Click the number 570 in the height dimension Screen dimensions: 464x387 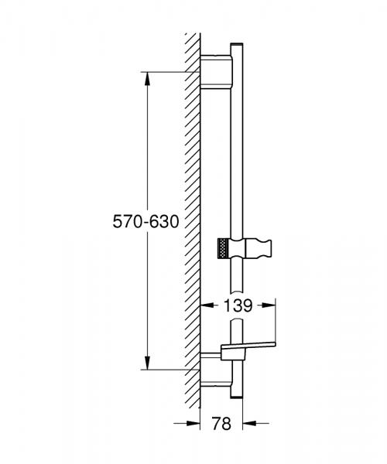click(x=128, y=221)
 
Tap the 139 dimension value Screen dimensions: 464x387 click(x=238, y=305)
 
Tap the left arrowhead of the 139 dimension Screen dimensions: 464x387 click(x=207, y=305)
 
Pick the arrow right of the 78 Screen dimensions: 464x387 click(x=248, y=423)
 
